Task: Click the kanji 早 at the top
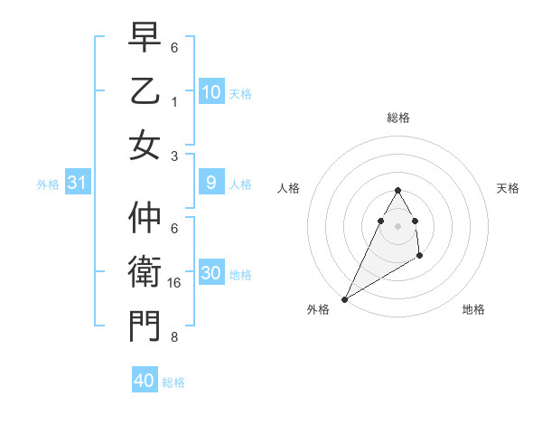(145, 39)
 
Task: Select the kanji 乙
(145, 92)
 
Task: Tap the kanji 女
(145, 146)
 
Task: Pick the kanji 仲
(145, 220)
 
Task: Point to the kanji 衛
(145, 273)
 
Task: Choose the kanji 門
(145, 326)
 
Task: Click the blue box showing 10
(210, 92)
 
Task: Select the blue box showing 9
(210, 184)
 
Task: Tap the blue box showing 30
(210, 274)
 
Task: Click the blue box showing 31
(78, 184)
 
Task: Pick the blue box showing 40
(145, 381)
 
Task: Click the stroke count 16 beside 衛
(174, 283)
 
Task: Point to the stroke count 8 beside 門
(174, 337)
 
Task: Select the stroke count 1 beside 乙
(174, 102)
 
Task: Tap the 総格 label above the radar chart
(397, 118)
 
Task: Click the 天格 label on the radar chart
(508, 188)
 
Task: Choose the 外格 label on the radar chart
(318, 309)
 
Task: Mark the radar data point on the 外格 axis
(344, 298)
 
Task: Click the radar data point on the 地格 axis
(420, 257)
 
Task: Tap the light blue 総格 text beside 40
(173, 382)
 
